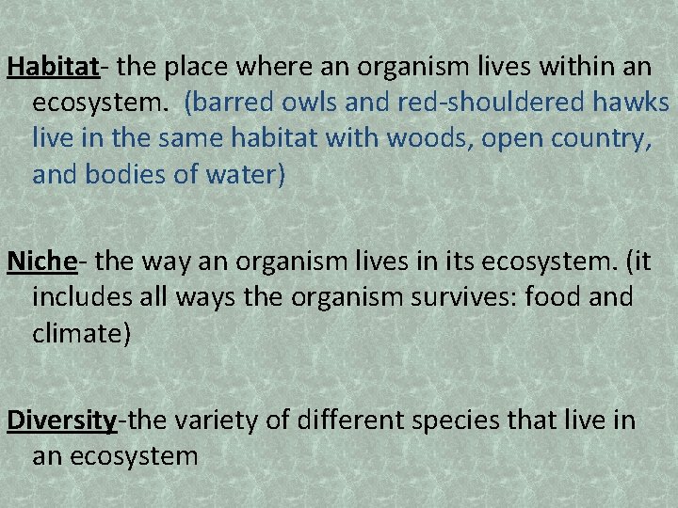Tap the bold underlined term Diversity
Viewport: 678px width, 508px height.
click(x=60, y=420)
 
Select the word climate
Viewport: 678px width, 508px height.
click(x=76, y=333)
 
